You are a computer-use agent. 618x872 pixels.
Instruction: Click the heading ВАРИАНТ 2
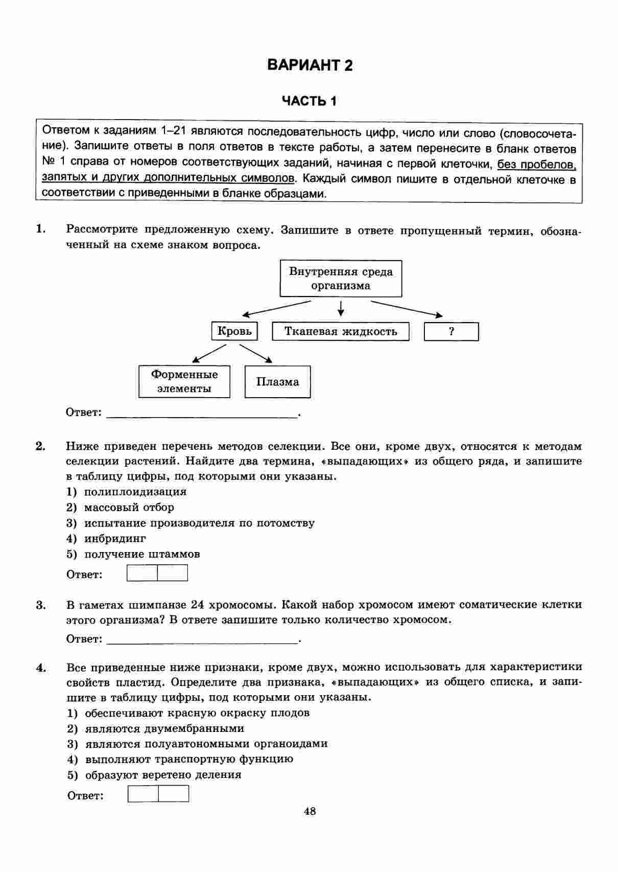click(310, 65)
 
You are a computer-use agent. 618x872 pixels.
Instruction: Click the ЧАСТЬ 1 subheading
click(310, 101)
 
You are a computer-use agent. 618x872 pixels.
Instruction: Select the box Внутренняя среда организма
click(341, 279)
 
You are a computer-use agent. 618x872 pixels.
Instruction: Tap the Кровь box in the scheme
click(234, 331)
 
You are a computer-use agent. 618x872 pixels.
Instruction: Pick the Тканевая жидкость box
click(341, 331)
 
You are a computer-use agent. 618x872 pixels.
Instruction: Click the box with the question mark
click(451, 331)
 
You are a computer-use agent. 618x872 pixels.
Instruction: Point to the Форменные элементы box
click(184, 381)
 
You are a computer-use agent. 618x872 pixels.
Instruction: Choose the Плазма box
click(277, 382)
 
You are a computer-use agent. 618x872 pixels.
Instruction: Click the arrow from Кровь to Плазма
click(255, 353)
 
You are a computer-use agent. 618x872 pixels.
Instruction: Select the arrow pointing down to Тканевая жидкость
click(341, 309)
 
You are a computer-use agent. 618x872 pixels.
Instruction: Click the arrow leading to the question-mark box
click(407, 309)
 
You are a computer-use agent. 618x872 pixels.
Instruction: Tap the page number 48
click(310, 811)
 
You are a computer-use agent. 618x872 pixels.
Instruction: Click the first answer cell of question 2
click(142, 573)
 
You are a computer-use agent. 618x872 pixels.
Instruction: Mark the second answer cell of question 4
click(174, 794)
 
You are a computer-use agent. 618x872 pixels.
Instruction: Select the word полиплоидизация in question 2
click(135, 492)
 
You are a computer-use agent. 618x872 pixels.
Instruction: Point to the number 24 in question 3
click(198, 605)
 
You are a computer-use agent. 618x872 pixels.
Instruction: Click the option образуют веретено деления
click(163, 774)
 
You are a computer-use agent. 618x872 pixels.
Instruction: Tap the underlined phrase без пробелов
click(536, 164)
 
